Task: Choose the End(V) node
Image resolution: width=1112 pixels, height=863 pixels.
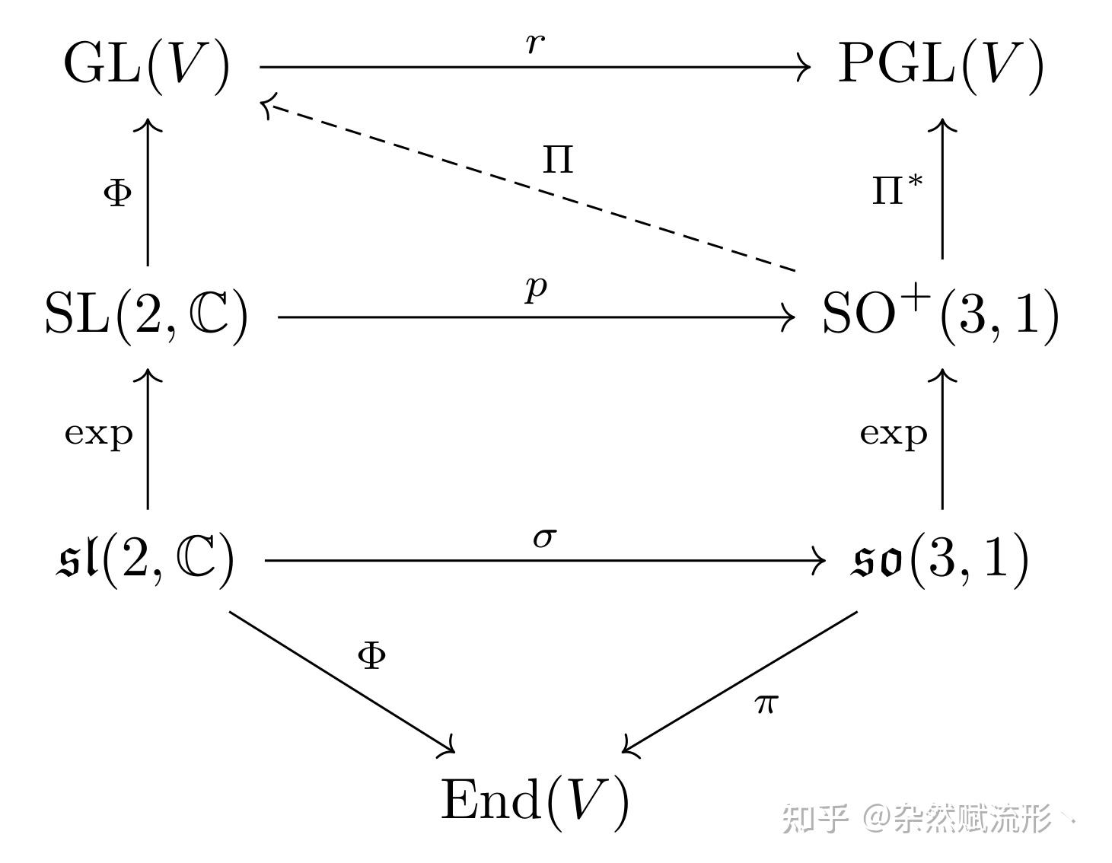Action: point(535,801)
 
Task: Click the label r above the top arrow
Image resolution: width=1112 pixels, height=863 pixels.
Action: point(535,43)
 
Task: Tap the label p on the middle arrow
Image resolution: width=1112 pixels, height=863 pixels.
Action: point(536,288)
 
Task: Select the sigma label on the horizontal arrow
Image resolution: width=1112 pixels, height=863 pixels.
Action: point(543,537)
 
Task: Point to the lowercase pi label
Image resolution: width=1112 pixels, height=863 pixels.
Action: point(766,704)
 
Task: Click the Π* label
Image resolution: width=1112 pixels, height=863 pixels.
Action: point(897,189)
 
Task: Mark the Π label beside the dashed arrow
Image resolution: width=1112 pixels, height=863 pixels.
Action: point(558,160)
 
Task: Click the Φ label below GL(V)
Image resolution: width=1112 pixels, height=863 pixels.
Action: point(117,193)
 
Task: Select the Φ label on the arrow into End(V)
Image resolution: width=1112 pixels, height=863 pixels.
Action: point(371,655)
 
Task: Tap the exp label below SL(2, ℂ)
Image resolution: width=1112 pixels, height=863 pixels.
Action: point(99,434)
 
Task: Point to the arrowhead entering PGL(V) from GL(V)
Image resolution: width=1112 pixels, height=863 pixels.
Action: point(805,67)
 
